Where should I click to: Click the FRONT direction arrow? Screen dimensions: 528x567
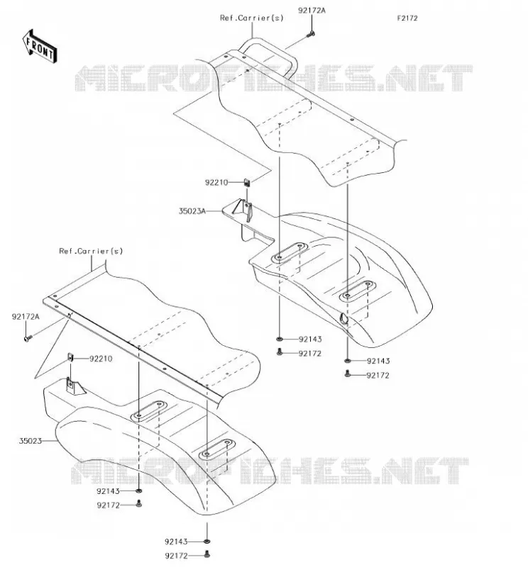tap(40, 46)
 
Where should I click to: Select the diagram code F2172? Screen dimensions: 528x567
tap(407, 18)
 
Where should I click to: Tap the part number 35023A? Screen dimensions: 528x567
tap(192, 210)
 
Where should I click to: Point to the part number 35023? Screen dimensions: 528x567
tap(31, 441)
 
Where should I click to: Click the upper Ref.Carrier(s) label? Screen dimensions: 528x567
tap(252, 18)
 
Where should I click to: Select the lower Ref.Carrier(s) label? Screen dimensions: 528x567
tap(91, 251)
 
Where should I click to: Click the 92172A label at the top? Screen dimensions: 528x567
tap(312, 11)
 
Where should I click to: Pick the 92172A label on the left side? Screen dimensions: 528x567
tap(26, 317)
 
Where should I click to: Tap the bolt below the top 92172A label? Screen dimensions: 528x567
tap(311, 34)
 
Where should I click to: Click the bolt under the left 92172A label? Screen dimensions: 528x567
tap(28, 339)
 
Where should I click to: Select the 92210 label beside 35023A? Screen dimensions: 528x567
tap(216, 183)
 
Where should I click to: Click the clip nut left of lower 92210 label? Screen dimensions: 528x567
tap(71, 358)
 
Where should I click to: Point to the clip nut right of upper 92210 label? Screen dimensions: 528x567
tap(247, 183)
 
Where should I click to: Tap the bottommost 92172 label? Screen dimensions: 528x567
tap(177, 556)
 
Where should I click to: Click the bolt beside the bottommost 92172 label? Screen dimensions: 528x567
tap(207, 554)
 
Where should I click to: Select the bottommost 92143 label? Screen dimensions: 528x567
tap(177, 541)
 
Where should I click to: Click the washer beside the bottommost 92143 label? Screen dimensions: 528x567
tap(207, 541)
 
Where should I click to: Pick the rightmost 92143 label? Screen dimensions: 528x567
tap(378, 361)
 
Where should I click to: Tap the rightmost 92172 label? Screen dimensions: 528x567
tap(378, 376)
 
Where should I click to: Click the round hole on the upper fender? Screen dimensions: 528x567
tap(343, 318)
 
